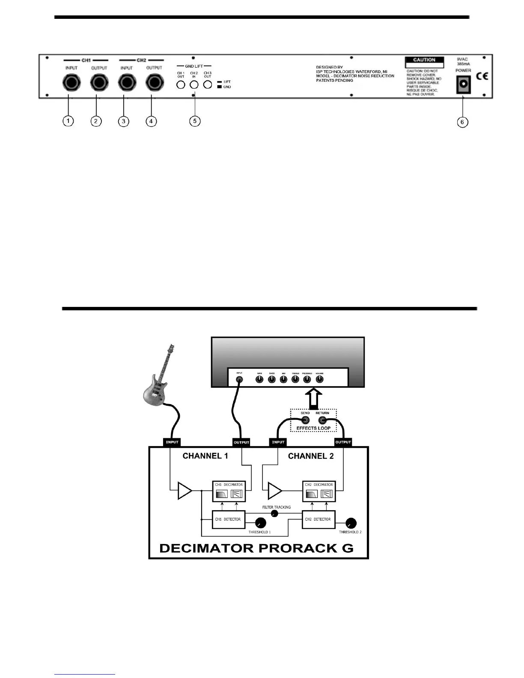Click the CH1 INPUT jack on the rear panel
[x=71, y=82]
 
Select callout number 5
[x=194, y=121]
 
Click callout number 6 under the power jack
[x=462, y=122]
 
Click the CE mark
[x=482, y=76]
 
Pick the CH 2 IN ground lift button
[x=194, y=84]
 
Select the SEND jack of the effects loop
[x=305, y=420]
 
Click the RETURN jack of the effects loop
[x=322, y=420]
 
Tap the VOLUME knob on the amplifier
[x=319, y=380]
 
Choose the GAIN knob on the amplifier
[x=259, y=380]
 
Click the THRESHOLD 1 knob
[x=260, y=523]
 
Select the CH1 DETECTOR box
[x=229, y=519]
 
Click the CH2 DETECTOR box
[x=318, y=519]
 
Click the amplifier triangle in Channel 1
[x=185, y=491]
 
